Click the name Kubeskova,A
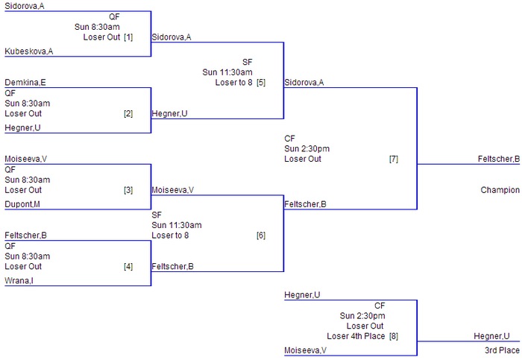[x=28, y=51]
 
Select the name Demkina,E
[x=25, y=83]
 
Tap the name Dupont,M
[x=22, y=203]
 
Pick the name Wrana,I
[x=19, y=280]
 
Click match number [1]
[x=128, y=37]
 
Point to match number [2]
[x=128, y=114]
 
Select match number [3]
[x=128, y=190]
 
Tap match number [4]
[x=128, y=266]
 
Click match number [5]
[x=261, y=83]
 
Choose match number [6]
[x=261, y=236]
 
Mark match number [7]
[x=394, y=159]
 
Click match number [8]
[x=394, y=336]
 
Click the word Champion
[x=500, y=190]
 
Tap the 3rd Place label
[x=502, y=350]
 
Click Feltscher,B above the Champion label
[x=499, y=159]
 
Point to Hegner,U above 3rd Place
[x=492, y=336]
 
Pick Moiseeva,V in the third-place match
[x=305, y=350]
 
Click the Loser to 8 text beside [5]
[x=233, y=83]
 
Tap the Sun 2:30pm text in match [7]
[x=306, y=148]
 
